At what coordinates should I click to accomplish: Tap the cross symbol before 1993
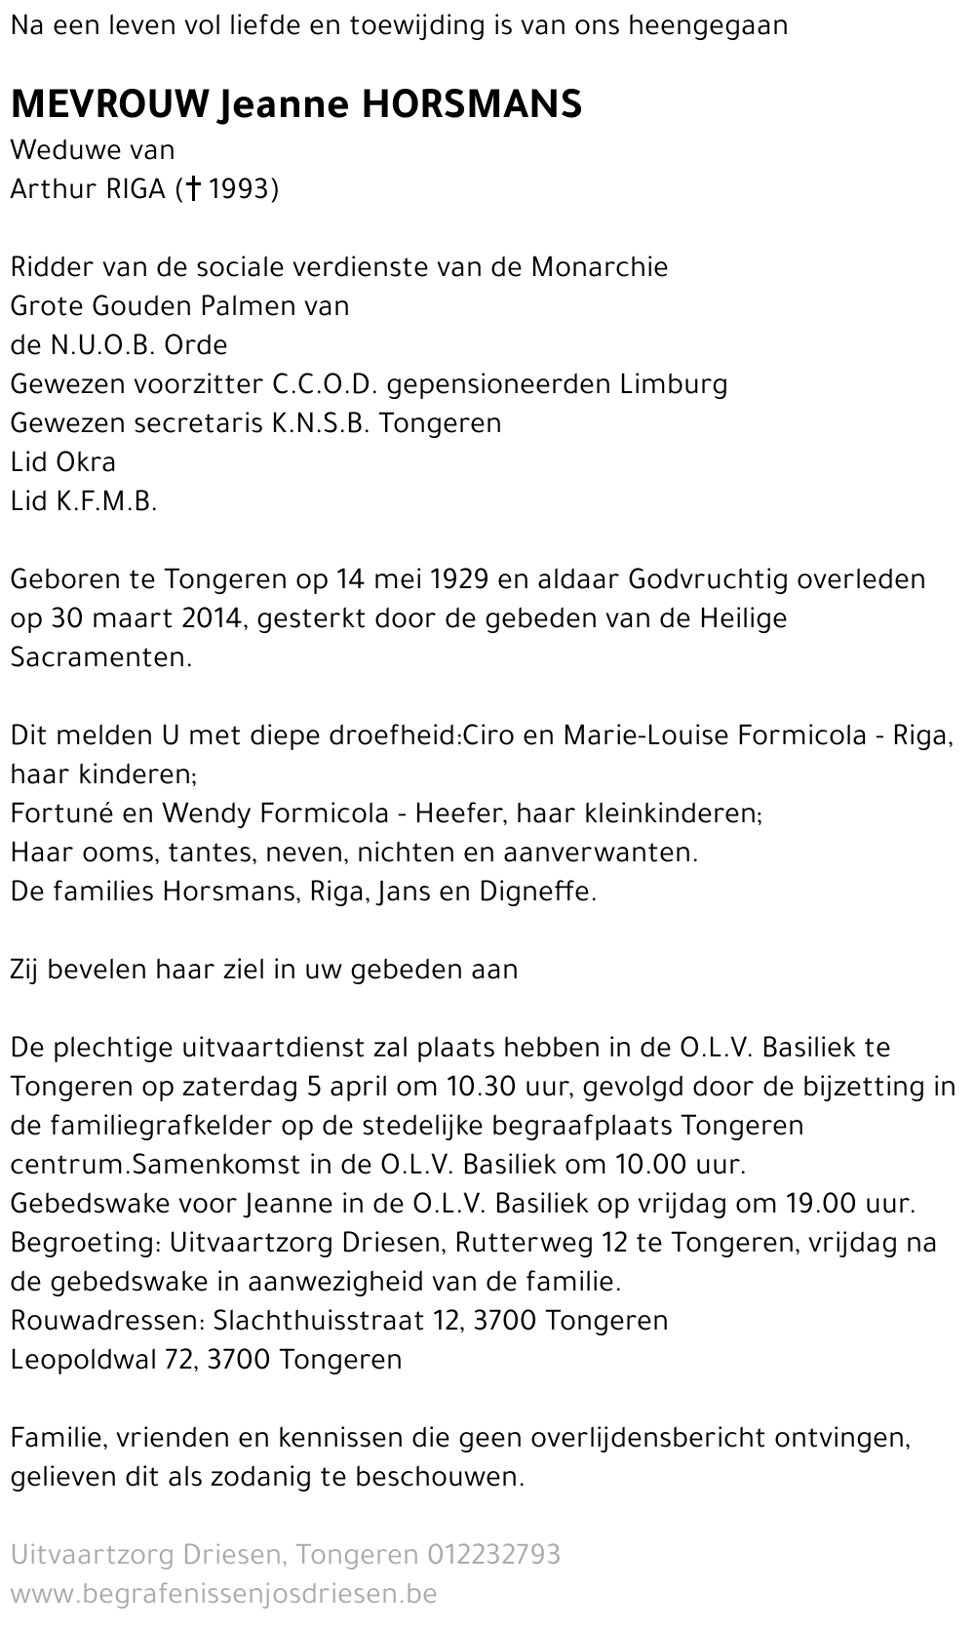coord(193,188)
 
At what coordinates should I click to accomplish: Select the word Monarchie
coord(600,266)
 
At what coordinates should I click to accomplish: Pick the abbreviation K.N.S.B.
coord(319,422)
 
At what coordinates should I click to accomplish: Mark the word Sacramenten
coord(100,656)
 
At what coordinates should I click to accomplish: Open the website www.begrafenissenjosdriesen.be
coord(223,1593)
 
